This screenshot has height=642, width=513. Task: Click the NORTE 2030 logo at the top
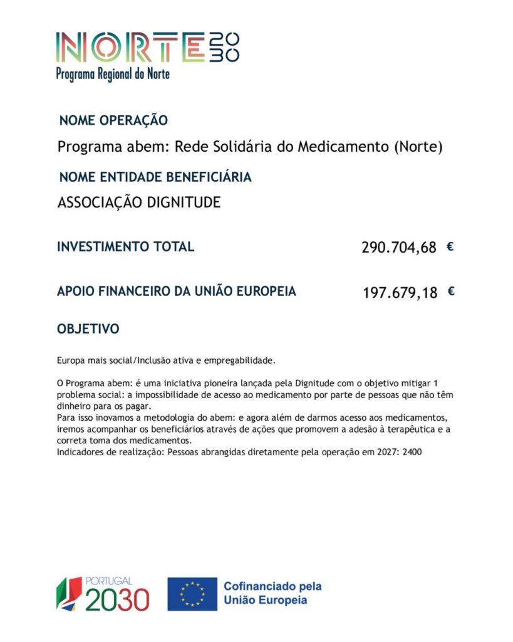pyautogui.click(x=147, y=47)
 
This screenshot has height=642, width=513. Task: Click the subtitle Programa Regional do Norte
pyautogui.click(x=113, y=74)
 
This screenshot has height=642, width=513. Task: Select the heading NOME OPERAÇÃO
pyautogui.click(x=113, y=120)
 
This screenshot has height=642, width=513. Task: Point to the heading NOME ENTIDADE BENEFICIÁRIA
pyautogui.click(x=155, y=177)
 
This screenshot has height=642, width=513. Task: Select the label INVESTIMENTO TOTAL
pyautogui.click(x=125, y=247)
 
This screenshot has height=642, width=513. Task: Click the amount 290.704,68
pyautogui.click(x=398, y=248)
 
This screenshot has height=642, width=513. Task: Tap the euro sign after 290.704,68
pyautogui.click(x=450, y=246)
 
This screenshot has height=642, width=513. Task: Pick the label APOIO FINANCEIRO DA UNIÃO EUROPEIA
pyautogui.click(x=177, y=292)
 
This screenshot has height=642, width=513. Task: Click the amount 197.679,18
pyautogui.click(x=400, y=293)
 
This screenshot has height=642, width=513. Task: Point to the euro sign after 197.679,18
pyautogui.click(x=451, y=291)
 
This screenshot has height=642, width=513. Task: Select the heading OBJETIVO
pyautogui.click(x=88, y=329)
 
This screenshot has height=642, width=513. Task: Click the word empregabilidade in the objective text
pyautogui.click(x=241, y=360)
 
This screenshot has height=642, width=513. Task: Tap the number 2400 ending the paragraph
pyautogui.click(x=413, y=451)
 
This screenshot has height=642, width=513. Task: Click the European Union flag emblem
pyautogui.click(x=192, y=594)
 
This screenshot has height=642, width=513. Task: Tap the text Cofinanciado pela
pyautogui.click(x=272, y=587)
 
